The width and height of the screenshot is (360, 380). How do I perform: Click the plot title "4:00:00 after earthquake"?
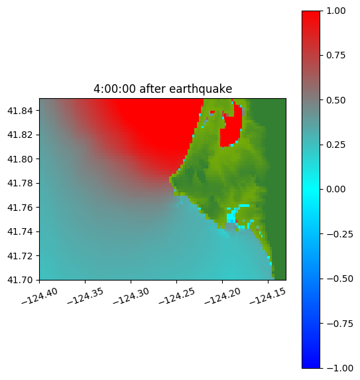[x=163, y=89]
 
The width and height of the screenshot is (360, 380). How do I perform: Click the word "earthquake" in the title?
[x=201, y=89]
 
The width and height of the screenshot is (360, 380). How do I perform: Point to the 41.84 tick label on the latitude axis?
[x=20, y=111]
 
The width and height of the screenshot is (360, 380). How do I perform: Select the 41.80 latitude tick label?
[x=20, y=159]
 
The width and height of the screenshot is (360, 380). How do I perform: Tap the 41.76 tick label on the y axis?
[x=20, y=208]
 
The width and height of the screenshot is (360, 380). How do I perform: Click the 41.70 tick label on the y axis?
[x=20, y=280]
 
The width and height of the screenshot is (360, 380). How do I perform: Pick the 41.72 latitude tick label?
[x=20, y=256]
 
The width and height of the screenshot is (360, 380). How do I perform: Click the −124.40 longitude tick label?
[x=40, y=296]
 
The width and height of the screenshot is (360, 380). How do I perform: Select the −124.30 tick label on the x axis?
[x=131, y=296]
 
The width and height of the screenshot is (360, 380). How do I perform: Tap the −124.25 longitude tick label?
[x=176, y=296]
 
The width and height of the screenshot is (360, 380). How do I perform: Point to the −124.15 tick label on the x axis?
[x=268, y=296]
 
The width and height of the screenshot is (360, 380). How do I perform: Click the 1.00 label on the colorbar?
[x=335, y=11]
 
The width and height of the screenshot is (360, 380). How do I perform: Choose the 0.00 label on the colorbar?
[x=335, y=189]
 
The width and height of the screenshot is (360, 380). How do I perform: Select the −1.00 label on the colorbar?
[x=339, y=368]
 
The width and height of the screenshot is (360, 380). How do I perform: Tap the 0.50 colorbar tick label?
[x=335, y=100]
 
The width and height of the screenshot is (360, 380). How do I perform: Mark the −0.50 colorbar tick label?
[x=339, y=279]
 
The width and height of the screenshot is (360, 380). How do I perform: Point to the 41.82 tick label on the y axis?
[x=20, y=135]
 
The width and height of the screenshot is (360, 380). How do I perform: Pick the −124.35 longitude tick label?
[x=86, y=296]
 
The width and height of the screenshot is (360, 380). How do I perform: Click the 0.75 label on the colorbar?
[x=335, y=56]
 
